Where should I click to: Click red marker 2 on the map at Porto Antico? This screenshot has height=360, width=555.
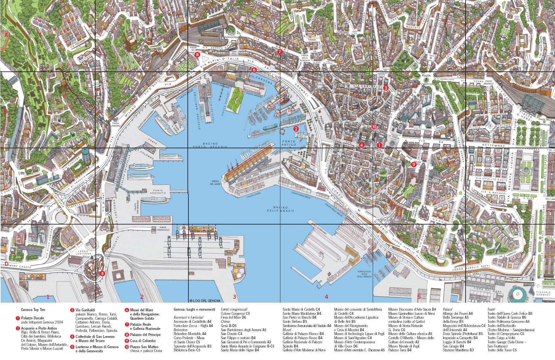[296, 129]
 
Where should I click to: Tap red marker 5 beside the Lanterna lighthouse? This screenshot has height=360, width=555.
[102, 274]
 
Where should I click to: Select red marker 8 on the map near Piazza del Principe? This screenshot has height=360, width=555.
[197, 54]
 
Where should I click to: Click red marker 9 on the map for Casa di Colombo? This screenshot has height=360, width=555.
[413, 164]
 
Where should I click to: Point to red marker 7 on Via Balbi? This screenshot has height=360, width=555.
[279, 52]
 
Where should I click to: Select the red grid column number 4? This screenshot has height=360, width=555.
[326, 297]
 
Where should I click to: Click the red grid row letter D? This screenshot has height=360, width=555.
[6, 264]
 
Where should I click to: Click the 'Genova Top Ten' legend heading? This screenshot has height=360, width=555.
[33, 310]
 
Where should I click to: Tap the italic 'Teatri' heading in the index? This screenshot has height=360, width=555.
[491, 309]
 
